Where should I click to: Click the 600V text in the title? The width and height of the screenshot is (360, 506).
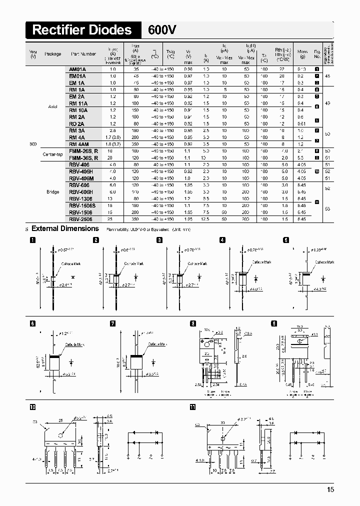coord(162,30)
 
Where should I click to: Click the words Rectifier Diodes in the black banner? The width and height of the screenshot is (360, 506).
coord(81,30)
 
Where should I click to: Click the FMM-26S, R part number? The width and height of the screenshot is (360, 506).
coord(83,150)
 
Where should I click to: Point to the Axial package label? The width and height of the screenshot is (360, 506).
coord(53,106)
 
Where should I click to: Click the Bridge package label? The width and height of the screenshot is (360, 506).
coord(53,191)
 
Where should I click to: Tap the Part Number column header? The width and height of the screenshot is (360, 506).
coord(83,54)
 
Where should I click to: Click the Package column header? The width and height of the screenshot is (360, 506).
coord(52,54)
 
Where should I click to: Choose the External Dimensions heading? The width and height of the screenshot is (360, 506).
coord(65,228)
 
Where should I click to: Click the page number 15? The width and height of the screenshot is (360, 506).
coord(330,489)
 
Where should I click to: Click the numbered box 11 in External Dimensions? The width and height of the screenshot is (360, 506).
coord(193,407)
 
